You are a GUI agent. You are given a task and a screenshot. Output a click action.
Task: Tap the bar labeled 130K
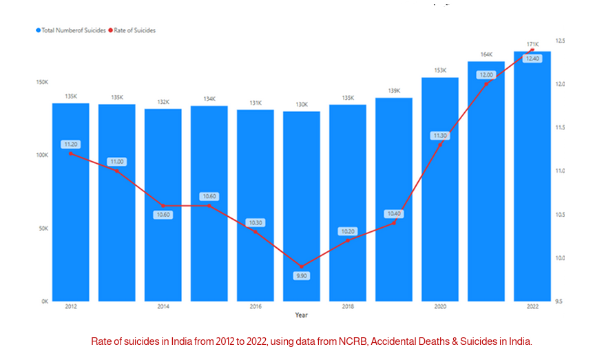coord(302,207)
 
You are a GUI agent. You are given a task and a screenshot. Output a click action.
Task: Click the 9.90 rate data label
coord(302,275)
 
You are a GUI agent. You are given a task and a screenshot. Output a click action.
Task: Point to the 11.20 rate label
coord(71,145)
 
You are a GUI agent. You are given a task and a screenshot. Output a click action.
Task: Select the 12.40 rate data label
coord(532,59)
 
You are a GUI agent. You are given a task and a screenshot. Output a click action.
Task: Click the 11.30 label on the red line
coord(440,136)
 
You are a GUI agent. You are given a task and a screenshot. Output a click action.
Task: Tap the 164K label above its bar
coord(486,54)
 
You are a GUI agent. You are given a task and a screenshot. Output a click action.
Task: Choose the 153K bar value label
coord(440,70)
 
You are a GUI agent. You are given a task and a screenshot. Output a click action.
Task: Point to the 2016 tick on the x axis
coord(256,306)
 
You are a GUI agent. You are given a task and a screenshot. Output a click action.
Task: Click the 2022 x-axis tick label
coord(532,306)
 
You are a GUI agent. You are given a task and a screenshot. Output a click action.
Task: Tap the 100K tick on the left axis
coord(42,156)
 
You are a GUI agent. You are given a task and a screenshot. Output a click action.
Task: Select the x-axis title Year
coord(302,315)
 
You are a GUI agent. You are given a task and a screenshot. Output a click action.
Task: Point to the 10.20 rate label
coord(348,231)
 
